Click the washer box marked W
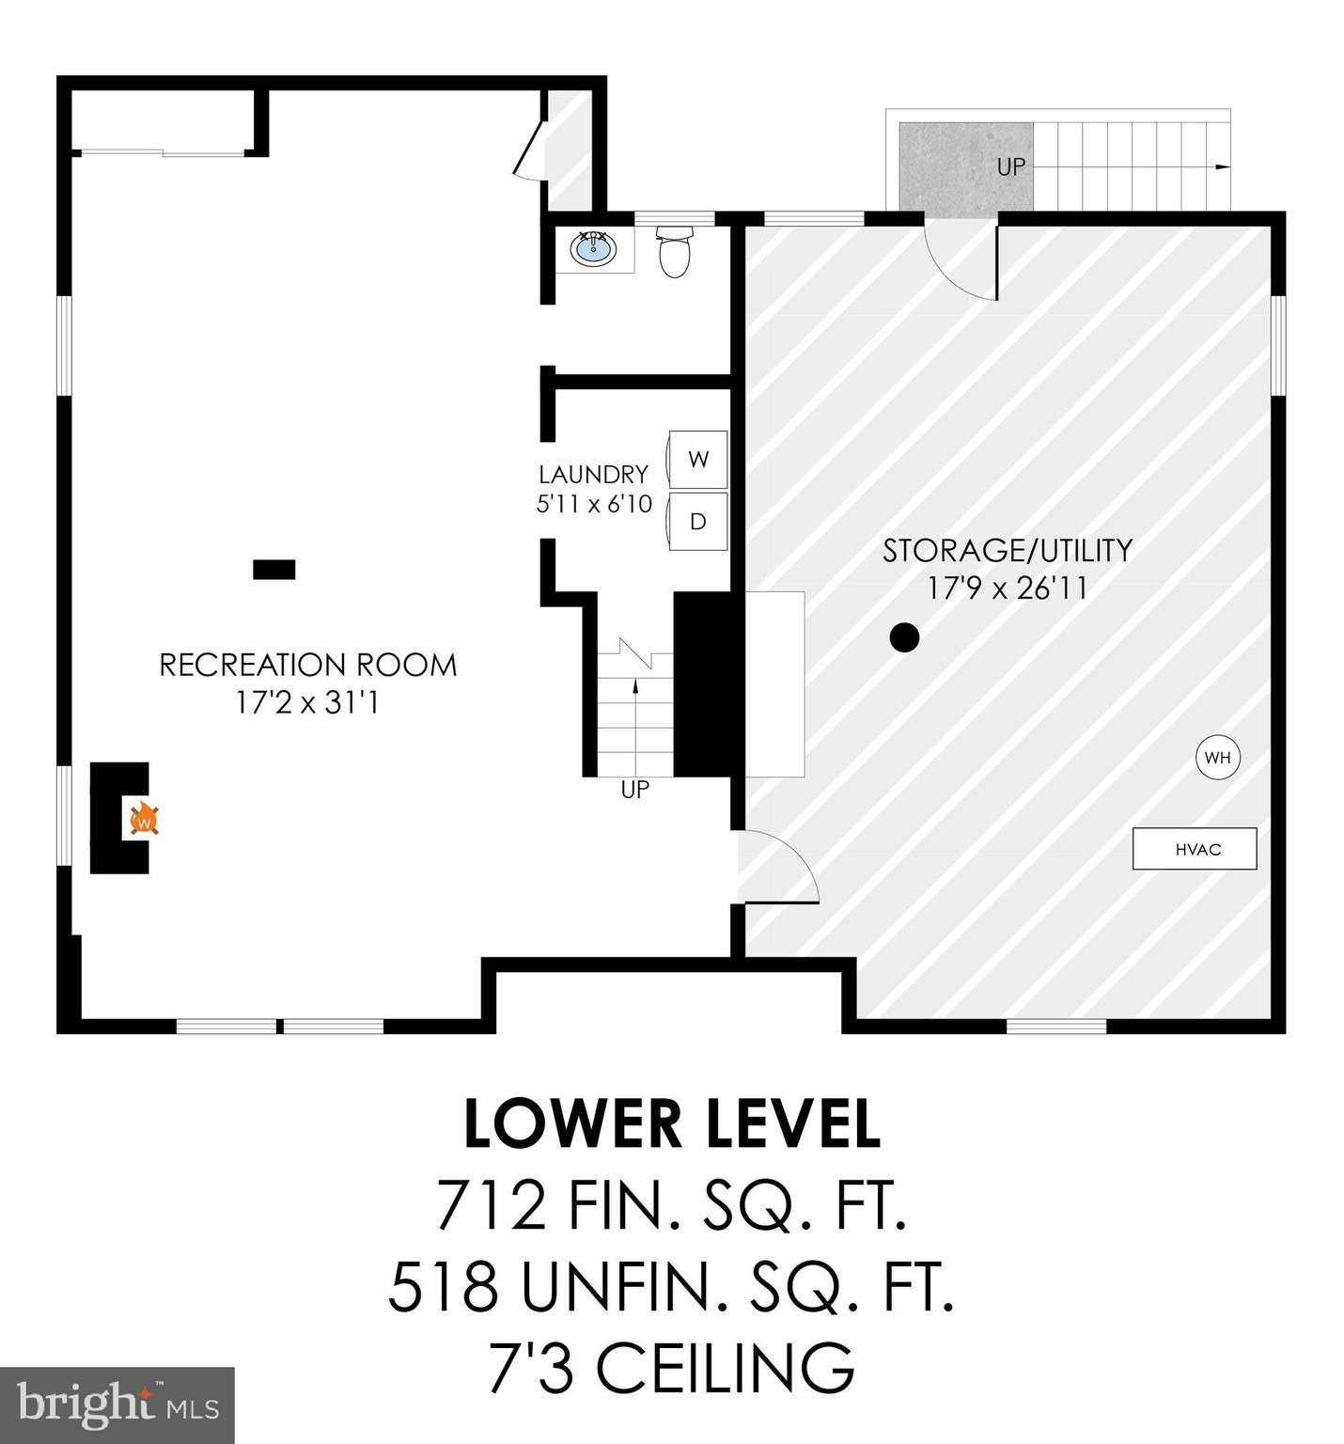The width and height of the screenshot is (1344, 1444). tap(697, 459)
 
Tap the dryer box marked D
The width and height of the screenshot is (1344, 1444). tap(697, 521)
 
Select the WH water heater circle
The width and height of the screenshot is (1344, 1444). tap(1217, 758)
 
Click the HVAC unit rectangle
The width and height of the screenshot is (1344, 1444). tap(1195, 849)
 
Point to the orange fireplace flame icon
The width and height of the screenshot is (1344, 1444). tap(144, 820)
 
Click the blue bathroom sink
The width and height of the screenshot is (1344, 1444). tap(593, 249)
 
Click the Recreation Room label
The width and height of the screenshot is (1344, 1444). tap(308, 665)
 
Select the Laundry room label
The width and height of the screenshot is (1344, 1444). tap(594, 474)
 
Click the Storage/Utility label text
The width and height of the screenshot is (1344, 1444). tap(1008, 550)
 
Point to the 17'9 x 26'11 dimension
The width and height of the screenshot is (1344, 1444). tap(1008, 589)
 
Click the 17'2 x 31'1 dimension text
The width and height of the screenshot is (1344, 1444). tap(308, 702)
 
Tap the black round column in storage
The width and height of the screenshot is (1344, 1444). tap(904, 637)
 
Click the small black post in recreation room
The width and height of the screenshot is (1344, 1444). tap(274, 570)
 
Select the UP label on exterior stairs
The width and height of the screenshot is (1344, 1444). tap(1011, 167)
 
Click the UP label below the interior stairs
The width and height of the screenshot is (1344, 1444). tap(635, 790)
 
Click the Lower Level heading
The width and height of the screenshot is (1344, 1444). tap(673, 1124)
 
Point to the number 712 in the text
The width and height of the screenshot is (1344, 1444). tap(492, 1206)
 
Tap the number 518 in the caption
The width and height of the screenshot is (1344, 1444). tap(444, 1287)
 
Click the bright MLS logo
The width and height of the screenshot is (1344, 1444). tap(117, 1405)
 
